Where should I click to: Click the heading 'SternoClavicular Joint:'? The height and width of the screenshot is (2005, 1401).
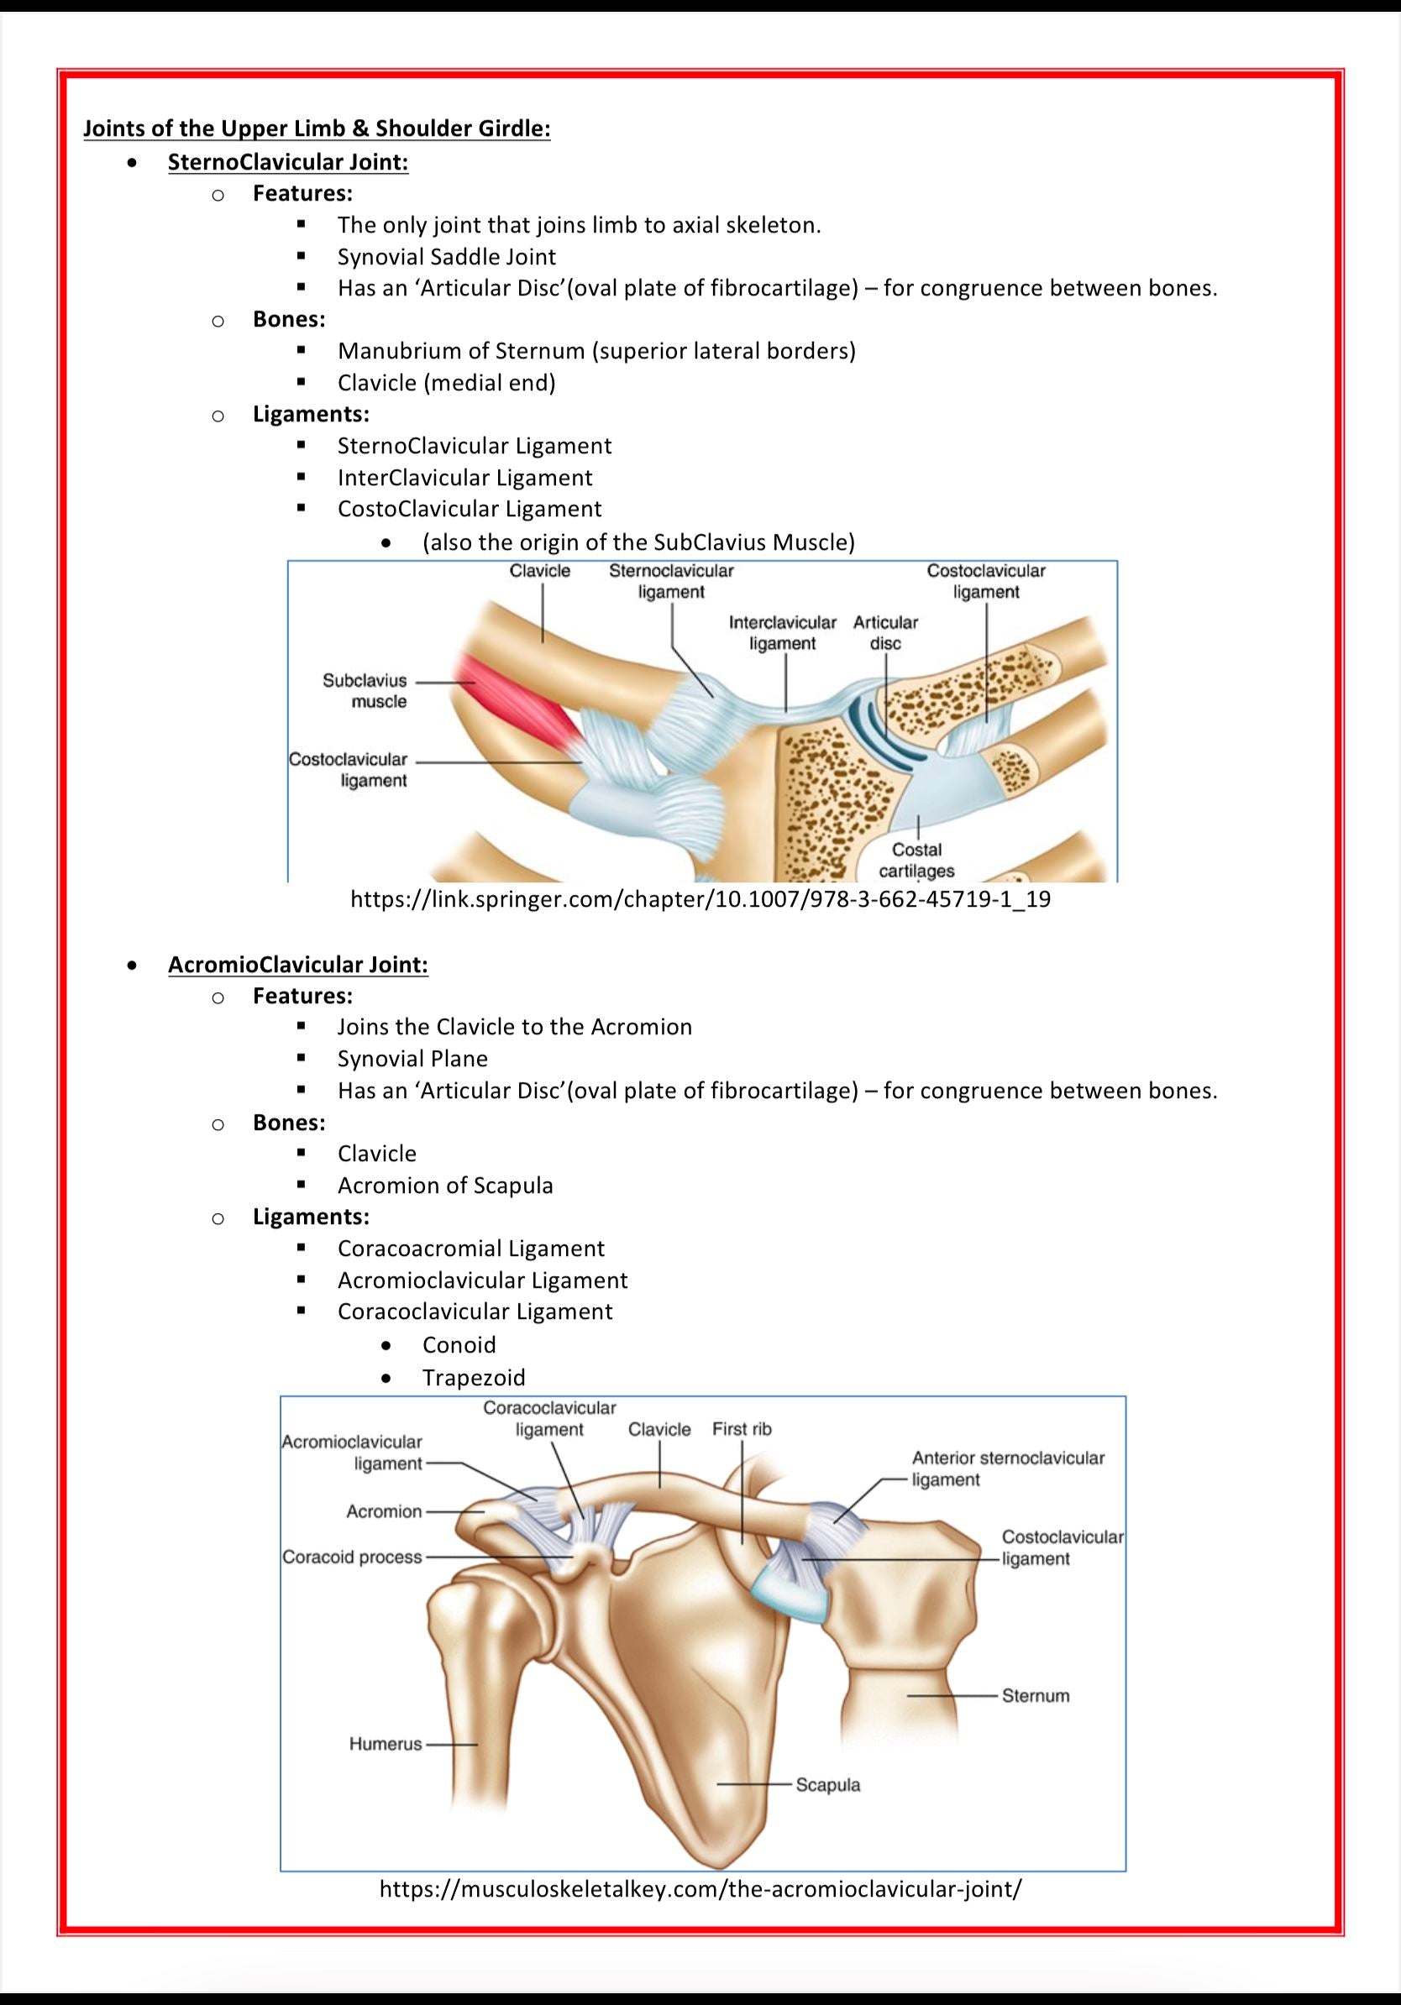pyautogui.click(x=287, y=162)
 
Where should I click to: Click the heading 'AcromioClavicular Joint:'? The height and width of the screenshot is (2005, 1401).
pyautogui.click(x=298, y=965)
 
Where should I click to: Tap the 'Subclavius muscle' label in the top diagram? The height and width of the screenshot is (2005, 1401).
pyautogui.click(x=365, y=691)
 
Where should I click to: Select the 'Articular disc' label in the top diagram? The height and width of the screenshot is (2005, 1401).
pyautogui.click(x=884, y=633)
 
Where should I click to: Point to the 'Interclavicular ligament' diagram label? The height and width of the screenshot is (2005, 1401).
pyautogui.click(x=783, y=633)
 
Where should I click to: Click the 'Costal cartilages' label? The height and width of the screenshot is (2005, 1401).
pyautogui.click(x=916, y=860)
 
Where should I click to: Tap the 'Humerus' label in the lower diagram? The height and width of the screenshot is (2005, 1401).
pyautogui.click(x=386, y=1744)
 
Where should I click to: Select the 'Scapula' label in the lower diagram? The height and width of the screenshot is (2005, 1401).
pyautogui.click(x=827, y=1785)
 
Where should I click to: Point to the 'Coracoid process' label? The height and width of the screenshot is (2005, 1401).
pyautogui.click(x=352, y=1557)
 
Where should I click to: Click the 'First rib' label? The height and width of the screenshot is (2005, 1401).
pyautogui.click(x=742, y=1430)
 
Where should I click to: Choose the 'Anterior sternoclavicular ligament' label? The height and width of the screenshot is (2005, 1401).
pyautogui.click(x=1008, y=1468)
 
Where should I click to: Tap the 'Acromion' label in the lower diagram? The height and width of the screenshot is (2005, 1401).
pyautogui.click(x=384, y=1511)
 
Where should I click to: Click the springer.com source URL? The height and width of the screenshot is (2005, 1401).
pyautogui.click(x=700, y=898)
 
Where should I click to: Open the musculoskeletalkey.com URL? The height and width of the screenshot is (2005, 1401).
pyautogui.click(x=700, y=1890)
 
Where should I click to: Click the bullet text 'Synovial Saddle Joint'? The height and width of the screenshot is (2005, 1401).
pyautogui.click(x=446, y=257)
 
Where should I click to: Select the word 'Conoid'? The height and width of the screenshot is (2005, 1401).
pyautogui.click(x=459, y=1345)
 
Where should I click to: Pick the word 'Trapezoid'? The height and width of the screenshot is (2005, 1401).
pyautogui.click(x=474, y=1377)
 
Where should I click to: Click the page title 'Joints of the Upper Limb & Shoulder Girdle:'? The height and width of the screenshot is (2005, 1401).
pyautogui.click(x=316, y=129)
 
